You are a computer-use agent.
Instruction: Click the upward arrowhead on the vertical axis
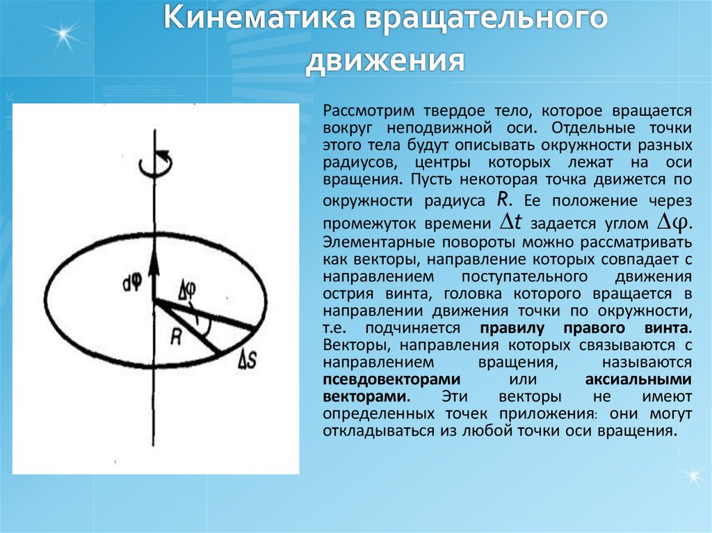coord(154,258)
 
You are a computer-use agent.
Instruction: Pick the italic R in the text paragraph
coord(504,199)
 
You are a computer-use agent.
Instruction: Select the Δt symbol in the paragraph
coord(512,222)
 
